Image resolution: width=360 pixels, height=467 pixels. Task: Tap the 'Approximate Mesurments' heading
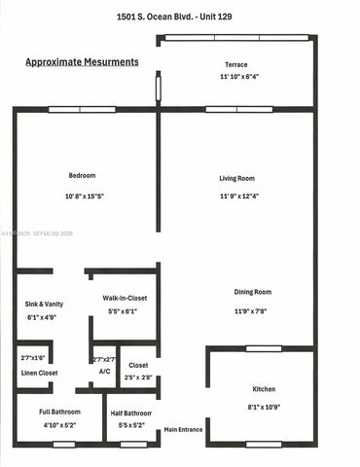click(81, 61)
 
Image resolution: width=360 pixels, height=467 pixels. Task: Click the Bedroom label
click(82, 175)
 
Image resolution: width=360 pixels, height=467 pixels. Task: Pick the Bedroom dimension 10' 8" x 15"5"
click(82, 198)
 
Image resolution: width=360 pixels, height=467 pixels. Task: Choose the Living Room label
click(236, 178)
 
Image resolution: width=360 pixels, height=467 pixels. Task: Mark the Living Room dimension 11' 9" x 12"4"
click(236, 198)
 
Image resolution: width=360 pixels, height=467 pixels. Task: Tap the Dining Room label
click(252, 292)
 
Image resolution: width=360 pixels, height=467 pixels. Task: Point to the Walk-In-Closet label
click(125, 298)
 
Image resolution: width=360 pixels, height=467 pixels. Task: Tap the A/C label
click(104, 372)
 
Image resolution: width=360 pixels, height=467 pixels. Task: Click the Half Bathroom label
click(130, 412)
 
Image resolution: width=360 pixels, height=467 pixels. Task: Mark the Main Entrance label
click(183, 429)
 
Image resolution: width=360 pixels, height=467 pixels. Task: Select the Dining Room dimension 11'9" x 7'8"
click(252, 311)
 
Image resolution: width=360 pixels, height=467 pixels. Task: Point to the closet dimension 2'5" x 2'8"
click(139, 377)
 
